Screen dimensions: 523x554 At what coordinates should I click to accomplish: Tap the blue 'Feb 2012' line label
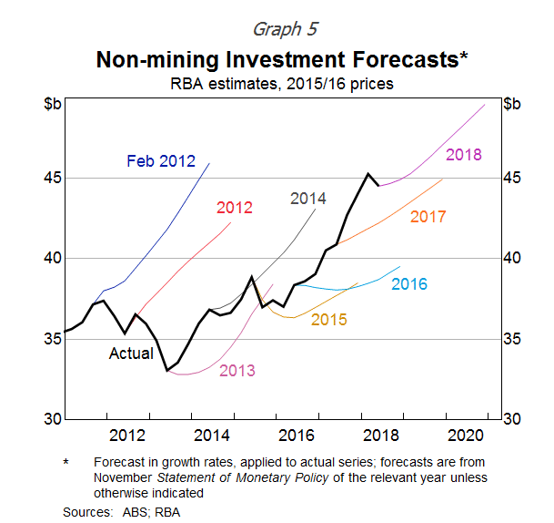tap(161, 161)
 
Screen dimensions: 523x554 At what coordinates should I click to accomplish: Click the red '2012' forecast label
tap(234, 208)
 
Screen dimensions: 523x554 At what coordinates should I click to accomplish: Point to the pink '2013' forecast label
tap(237, 370)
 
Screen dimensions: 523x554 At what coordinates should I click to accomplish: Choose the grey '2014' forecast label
tap(308, 199)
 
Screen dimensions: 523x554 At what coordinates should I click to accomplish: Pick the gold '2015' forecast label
tap(328, 320)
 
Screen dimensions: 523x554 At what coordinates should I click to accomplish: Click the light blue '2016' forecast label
tap(409, 284)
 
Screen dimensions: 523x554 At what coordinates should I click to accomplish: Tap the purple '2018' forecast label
tap(464, 155)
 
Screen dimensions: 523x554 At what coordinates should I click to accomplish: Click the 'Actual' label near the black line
tap(131, 353)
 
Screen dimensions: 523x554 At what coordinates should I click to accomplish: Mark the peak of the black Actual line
tap(368, 173)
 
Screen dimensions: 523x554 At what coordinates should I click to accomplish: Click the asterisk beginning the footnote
tap(65, 463)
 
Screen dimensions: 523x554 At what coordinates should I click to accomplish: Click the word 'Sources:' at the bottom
tap(87, 512)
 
